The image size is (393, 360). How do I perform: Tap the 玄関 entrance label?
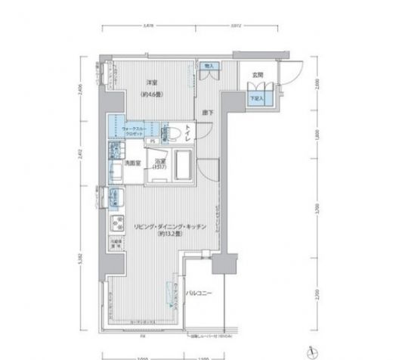[x=258, y=74]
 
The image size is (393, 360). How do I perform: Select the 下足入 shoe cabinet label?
[x=258, y=98]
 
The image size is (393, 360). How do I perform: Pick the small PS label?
[x=152, y=141]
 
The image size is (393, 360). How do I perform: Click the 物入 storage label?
[x=209, y=67]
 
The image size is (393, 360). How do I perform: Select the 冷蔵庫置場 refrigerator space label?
[x=118, y=244]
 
